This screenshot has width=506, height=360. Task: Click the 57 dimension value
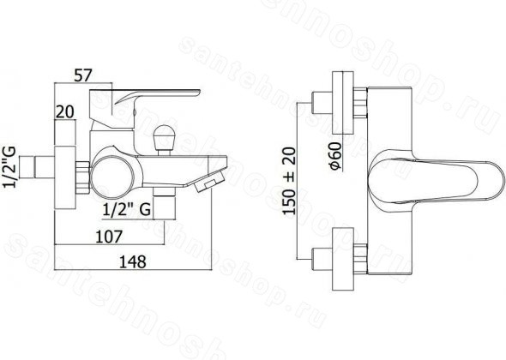(x=83, y=75)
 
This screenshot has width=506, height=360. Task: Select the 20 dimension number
(x=65, y=112)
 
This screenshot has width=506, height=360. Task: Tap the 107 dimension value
(x=109, y=237)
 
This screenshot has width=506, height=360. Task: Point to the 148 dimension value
(x=133, y=261)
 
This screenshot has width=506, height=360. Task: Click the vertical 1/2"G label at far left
(x=9, y=167)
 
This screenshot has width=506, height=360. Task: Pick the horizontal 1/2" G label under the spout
(x=127, y=210)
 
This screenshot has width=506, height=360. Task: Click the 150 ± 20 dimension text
(x=289, y=181)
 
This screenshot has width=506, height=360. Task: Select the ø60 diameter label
(x=334, y=156)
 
